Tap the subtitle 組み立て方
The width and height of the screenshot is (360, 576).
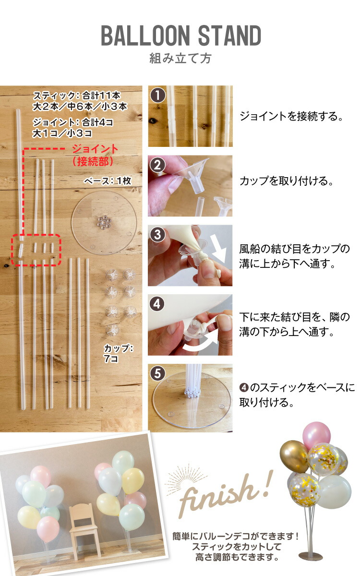pos(180,59)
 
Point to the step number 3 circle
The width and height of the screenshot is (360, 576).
pos(157,235)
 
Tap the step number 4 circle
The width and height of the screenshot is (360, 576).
pos(157,304)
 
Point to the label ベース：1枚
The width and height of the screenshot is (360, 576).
pos(108,181)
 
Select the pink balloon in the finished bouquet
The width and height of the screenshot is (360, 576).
pos(316,434)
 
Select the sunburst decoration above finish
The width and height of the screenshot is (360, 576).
pos(187,476)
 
